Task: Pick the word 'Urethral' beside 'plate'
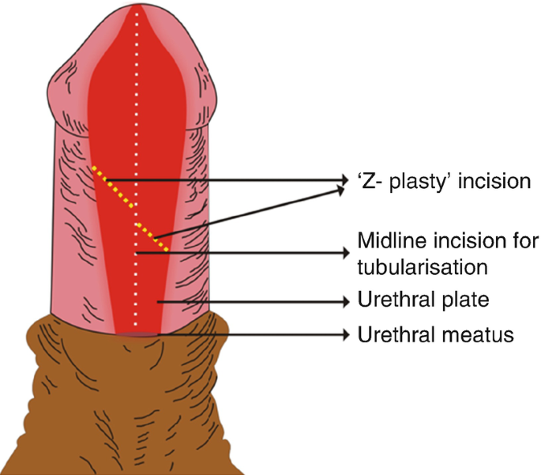396,302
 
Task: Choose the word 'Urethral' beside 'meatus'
396,335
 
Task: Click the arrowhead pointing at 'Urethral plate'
345,301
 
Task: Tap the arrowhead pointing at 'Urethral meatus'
345,335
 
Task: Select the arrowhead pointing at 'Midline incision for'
345,253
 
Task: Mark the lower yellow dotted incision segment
154,238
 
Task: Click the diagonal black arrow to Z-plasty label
253,209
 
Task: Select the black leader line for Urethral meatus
253,335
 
